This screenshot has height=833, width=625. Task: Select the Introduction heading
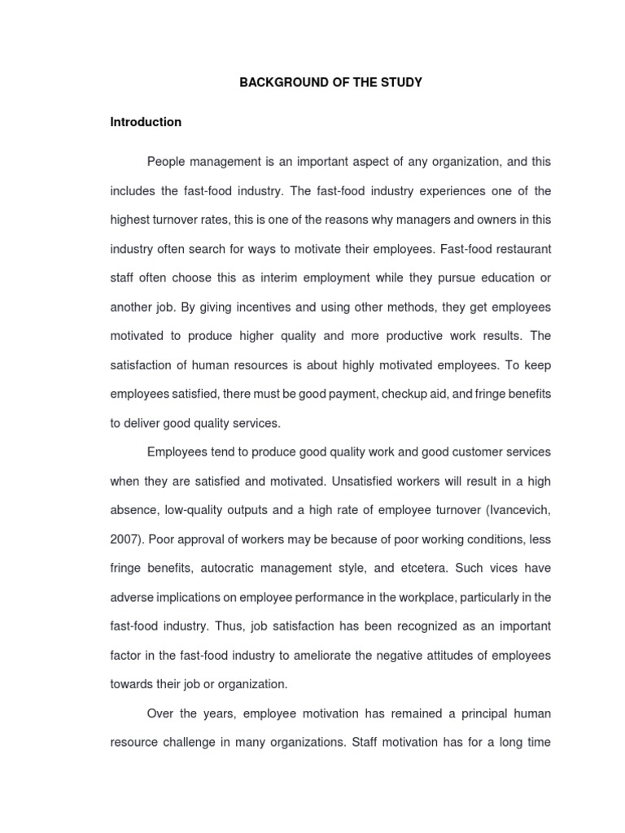pos(146,122)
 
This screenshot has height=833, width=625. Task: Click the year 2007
pos(124,539)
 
